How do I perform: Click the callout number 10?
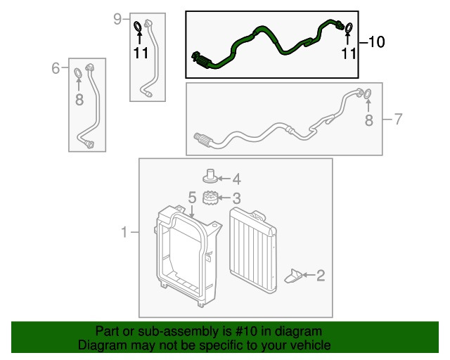[376, 42]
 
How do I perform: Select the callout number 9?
[117, 19]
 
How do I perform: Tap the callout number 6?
[56, 68]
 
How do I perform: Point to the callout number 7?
[398, 119]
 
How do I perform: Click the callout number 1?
[124, 232]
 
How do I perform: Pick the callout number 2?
[321, 276]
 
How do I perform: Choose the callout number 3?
[236, 198]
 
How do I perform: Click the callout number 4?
[236, 179]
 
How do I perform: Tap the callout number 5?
[192, 198]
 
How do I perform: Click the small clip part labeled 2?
[293, 276]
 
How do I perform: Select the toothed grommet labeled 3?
[210, 198]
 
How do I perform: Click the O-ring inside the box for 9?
[138, 27]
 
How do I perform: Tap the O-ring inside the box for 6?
[78, 72]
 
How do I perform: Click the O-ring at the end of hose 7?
[368, 93]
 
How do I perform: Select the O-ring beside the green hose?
[349, 27]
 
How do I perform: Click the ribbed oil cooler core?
[253, 250]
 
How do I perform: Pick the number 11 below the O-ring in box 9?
[141, 53]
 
